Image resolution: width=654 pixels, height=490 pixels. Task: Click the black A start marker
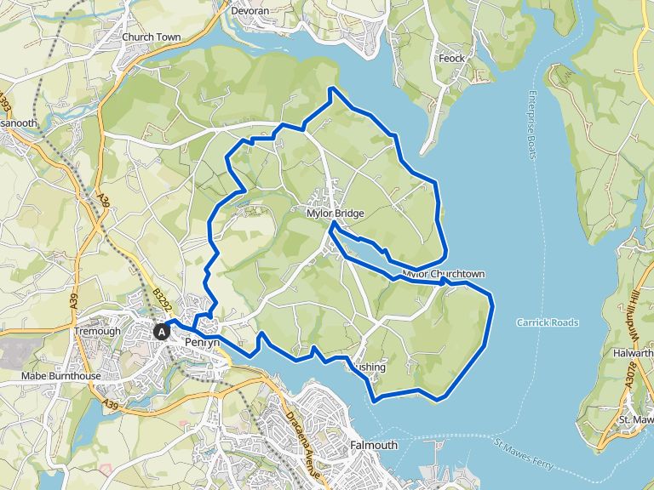(161, 332)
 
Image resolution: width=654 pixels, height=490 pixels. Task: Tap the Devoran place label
(250, 11)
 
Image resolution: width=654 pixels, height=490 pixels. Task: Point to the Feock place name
(451, 59)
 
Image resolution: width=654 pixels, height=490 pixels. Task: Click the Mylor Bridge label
(336, 214)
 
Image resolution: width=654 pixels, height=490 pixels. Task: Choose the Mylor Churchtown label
(443, 275)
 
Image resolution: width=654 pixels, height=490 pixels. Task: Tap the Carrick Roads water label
(548, 322)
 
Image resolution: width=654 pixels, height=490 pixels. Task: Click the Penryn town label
(202, 342)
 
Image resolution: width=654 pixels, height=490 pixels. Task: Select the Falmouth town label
(374, 445)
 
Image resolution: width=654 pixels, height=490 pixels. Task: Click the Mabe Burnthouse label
(60, 376)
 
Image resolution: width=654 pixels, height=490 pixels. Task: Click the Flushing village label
(370, 367)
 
